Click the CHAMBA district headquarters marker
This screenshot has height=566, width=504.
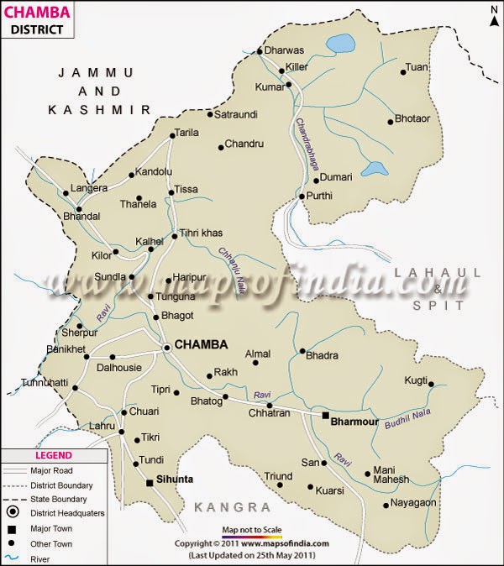pyautogui.click(x=167, y=346)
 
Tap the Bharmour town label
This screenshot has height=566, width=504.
pyautogui.click(x=354, y=422)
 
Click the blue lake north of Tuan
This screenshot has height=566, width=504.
pyautogui.click(x=340, y=42)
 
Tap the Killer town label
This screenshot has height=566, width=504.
pyautogui.click(x=297, y=66)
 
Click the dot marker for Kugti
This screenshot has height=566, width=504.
pyautogui.click(x=431, y=385)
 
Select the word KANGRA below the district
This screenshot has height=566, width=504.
pyautogui.click(x=232, y=507)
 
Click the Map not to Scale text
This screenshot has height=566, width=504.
pyautogui.click(x=251, y=530)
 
